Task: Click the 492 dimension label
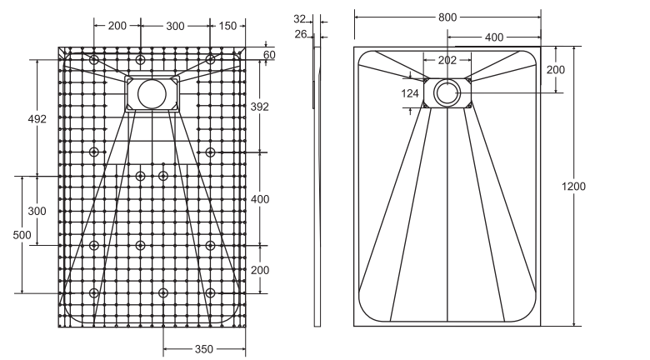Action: pyautogui.click(x=37, y=118)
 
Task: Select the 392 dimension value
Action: pyautogui.click(x=261, y=107)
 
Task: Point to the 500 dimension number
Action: pyautogui.click(x=22, y=235)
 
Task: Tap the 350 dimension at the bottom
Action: pyautogui.click(x=204, y=349)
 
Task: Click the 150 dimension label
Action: pyautogui.click(x=227, y=26)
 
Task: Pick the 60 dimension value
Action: pyautogui.click(x=268, y=55)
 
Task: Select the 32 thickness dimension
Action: pyautogui.click(x=300, y=18)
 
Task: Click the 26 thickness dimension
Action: pyautogui.click(x=300, y=34)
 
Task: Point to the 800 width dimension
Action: pyautogui.click(x=447, y=15)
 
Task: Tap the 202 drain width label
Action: pyautogui.click(x=447, y=60)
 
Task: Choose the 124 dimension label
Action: pyautogui.click(x=410, y=93)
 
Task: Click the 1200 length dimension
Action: pyautogui.click(x=573, y=186)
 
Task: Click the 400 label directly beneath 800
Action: pyautogui.click(x=493, y=37)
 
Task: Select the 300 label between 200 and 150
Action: pyautogui.click(x=175, y=26)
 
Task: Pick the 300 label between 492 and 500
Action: pyautogui.click(x=37, y=210)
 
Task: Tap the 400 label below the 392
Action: pyautogui.click(x=261, y=198)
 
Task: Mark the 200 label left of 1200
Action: pyautogui.click(x=556, y=69)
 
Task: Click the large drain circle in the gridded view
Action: pyautogui.click(x=152, y=92)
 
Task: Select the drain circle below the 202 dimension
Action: pyautogui.click(x=447, y=92)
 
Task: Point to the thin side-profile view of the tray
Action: pyautogui.click(x=317, y=183)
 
